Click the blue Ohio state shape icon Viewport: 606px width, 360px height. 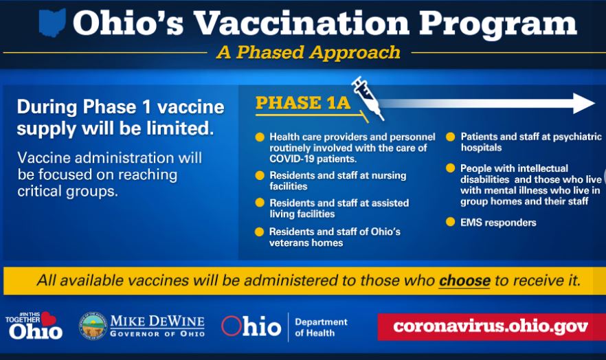tap(52, 23)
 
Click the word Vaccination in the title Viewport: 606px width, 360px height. tap(302, 23)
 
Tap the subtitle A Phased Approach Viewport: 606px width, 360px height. tap(308, 52)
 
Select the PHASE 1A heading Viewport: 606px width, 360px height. tap(303, 103)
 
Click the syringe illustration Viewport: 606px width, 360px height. tap(368, 98)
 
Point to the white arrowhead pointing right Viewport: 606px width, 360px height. tap(583, 103)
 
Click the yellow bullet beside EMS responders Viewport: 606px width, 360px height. tap(450, 222)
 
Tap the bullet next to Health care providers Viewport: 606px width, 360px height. tap(260, 137)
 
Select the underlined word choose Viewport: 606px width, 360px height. tap(464, 280)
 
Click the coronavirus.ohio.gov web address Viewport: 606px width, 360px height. tap(491, 326)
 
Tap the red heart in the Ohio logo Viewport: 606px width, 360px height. tap(48, 319)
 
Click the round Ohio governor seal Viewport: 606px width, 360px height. tap(93, 326)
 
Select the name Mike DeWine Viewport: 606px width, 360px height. tap(157, 321)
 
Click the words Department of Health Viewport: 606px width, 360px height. tap(321, 327)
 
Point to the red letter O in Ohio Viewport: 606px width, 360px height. tap(231, 326)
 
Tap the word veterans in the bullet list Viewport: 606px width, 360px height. tap(287, 243)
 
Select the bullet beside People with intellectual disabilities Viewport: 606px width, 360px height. tap(450, 168)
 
